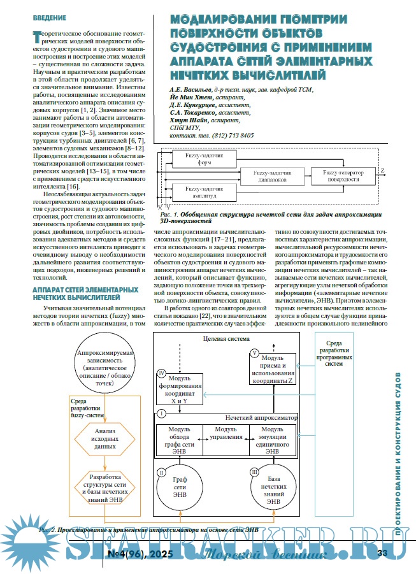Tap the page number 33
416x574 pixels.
coord(383,552)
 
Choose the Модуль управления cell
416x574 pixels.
coord(225,434)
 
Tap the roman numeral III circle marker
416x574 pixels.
coord(254,472)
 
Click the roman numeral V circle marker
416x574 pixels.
coord(254,352)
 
